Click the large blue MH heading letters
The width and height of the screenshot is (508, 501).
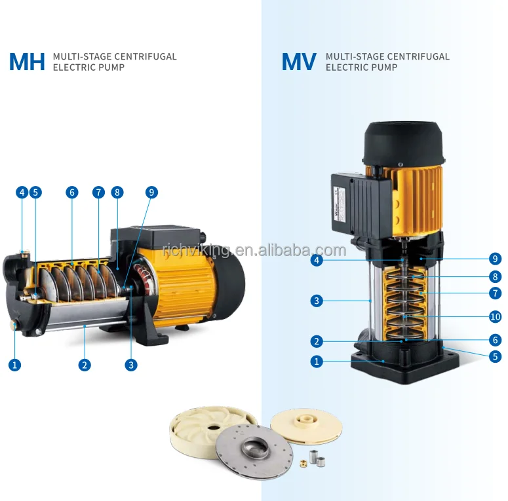[x=27, y=62]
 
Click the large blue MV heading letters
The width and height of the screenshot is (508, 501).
[x=300, y=62]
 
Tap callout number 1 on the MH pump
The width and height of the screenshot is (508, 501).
[x=14, y=365]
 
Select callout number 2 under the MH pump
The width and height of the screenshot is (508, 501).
[x=85, y=365]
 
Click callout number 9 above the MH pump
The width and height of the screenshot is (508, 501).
[x=151, y=193]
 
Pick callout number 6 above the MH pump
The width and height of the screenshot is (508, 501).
[x=72, y=193]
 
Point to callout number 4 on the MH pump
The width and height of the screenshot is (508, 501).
[x=22, y=193]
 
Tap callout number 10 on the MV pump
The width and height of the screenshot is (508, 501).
[x=495, y=317]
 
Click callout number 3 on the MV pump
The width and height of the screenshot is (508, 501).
[x=317, y=301]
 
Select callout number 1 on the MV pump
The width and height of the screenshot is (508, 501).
[x=317, y=361]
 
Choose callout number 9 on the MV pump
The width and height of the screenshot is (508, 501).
[x=495, y=258]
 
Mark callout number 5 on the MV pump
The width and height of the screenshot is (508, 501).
[x=495, y=357]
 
